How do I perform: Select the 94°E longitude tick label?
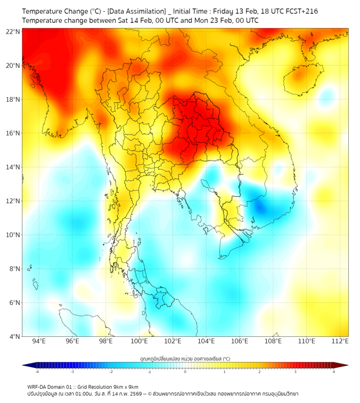coord(39,341)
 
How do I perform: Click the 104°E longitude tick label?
coord(206,341)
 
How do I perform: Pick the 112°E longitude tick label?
coord(340,341)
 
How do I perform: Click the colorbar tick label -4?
coord(36,372)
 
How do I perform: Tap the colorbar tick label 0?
coord(185,372)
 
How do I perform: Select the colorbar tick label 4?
coord(334,372)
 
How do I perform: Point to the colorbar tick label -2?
coord(110,372)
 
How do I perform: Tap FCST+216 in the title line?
coord(300,11)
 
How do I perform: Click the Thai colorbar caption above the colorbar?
coord(185,358)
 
